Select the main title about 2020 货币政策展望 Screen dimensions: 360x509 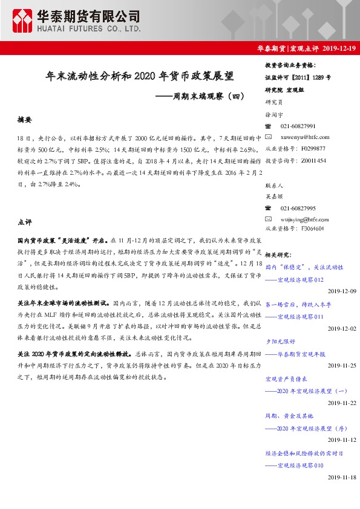tap(140, 77)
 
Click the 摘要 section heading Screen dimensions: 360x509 tap(25, 120)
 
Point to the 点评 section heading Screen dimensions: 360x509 tap(25, 222)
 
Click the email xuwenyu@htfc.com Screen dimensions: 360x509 tap(301, 137)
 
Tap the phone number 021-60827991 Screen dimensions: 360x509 tap(298, 126)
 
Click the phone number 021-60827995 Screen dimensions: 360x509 tap(298, 208)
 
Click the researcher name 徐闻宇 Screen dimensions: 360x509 tap(274, 114)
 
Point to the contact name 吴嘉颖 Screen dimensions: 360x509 tap(274, 196)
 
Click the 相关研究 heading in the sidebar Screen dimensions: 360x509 tap(279, 254)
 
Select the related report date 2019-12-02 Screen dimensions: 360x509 tap(342, 328)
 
